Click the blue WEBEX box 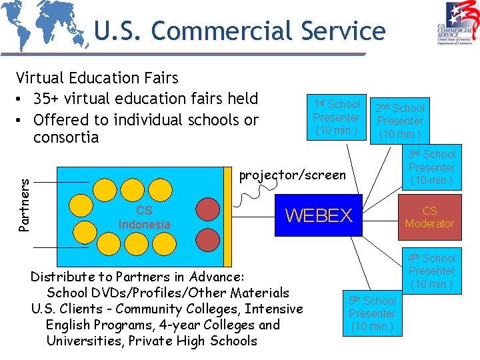point(318,215)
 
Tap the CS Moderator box point(429,217)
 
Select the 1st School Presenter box point(337,117)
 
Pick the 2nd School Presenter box point(400,121)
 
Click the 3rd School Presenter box point(431,167)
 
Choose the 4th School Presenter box point(431,271)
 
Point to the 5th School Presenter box point(372,313)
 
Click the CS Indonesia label point(144,218)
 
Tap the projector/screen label point(293,175)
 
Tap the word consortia point(66,137)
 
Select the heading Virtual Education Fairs point(97,79)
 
